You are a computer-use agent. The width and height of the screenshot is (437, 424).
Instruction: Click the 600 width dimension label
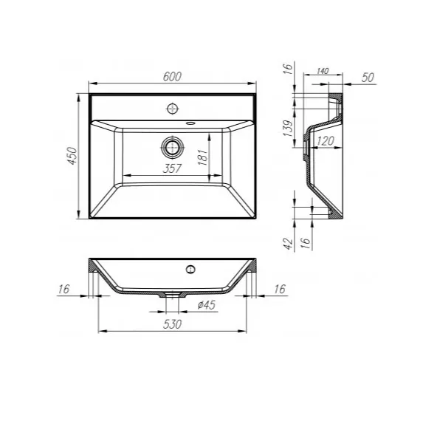(x=172, y=76)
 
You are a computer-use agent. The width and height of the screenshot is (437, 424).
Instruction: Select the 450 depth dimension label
(x=72, y=156)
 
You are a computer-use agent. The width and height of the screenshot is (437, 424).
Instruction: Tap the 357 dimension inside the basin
(x=172, y=168)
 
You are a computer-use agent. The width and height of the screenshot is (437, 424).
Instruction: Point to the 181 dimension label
(x=203, y=157)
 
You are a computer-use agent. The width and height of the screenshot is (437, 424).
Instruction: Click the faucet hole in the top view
(x=173, y=109)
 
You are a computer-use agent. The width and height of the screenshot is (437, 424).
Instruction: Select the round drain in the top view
(x=173, y=147)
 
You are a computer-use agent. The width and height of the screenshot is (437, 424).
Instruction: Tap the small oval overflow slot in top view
(x=190, y=123)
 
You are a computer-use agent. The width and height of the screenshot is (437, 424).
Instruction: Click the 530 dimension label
(x=172, y=324)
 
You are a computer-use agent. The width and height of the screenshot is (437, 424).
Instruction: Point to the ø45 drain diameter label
(x=207, y=304)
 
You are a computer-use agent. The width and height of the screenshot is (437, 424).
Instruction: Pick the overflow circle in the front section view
(x=190, y=270)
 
